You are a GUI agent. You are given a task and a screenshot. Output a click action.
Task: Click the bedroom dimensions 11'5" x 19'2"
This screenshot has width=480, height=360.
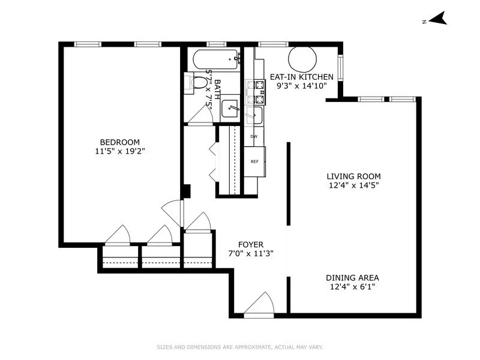coord(119,151)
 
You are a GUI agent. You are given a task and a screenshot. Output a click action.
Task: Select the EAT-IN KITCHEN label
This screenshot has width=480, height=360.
coord(301,77)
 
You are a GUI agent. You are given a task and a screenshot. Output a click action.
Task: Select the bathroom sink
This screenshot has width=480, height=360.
coord(230,109)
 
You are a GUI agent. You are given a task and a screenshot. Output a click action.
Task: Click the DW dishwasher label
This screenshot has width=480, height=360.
coord(254,137)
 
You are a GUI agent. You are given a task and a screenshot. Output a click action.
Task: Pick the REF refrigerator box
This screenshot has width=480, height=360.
coord(254,161)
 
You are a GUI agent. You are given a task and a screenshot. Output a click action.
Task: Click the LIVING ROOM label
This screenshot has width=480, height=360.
coord(353,176)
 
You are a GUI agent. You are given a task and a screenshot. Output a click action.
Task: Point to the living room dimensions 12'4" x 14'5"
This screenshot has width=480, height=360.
coord(353,185)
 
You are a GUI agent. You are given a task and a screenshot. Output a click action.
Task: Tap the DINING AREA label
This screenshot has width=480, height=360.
coord(352,278)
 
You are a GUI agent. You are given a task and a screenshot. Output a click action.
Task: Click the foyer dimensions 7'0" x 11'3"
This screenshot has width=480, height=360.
coord(251,253)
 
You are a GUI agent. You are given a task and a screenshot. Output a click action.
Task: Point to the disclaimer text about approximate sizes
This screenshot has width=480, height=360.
coord(239,347)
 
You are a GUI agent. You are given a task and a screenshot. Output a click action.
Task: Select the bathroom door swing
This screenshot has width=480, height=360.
coord(200,116)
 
